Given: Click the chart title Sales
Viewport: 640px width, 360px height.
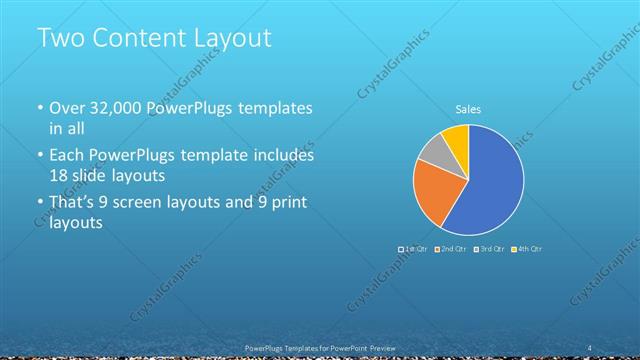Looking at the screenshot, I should pos(468,109).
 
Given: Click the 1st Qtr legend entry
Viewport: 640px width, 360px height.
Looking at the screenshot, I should pos(413,248).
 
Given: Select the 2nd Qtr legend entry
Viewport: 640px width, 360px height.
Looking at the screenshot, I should pos(451,248).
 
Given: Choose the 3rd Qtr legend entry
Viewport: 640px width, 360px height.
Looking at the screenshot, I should pos(489,248).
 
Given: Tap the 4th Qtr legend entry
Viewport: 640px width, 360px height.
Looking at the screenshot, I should pos(527,248).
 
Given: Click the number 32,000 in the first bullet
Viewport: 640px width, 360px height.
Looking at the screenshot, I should pos(116,108).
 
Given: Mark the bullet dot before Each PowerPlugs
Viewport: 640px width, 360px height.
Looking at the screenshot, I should pos(41,157).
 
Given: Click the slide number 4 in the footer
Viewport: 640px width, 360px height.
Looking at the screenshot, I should pos(590,347).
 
